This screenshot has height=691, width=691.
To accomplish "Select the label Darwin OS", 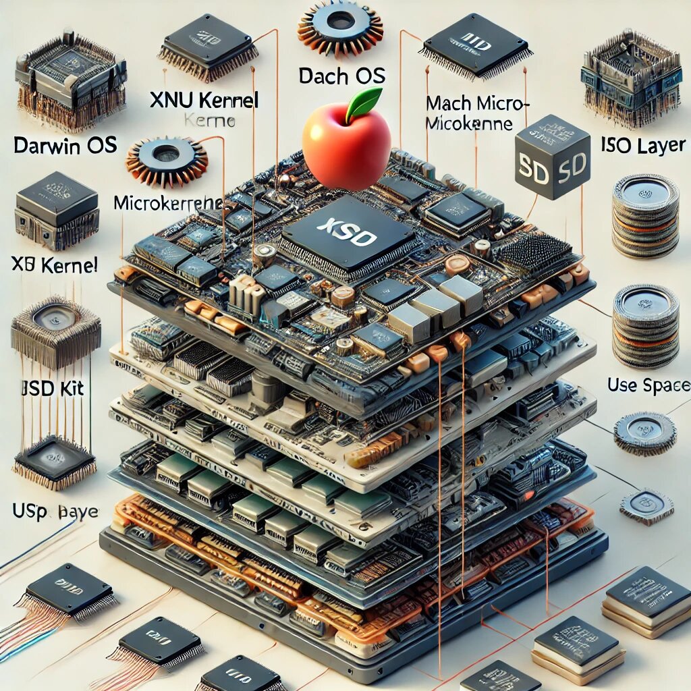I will tap(65, 144).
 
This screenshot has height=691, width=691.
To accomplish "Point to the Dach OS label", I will tap(342, 75).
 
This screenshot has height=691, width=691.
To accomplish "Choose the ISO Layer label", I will tap(642, 144).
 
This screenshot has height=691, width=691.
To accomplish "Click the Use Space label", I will tap(648, 385).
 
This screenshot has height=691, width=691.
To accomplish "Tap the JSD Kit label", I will tap(51, 389).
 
